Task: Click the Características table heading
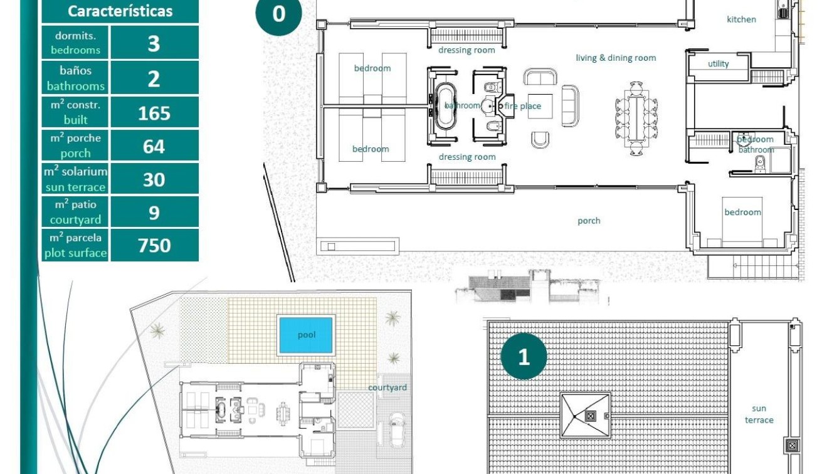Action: (x=120, y=11)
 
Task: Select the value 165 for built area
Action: (x=154, y=113)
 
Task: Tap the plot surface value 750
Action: (x=154, y=245)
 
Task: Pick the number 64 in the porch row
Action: (x=154, y=146)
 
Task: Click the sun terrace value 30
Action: (x=154, y=179)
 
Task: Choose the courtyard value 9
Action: (x=154, y=213)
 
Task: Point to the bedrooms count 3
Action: (x=154, y=43)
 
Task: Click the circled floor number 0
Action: (x=278, y=14)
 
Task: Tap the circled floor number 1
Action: (x=524, y=357)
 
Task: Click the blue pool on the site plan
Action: (x=306, y=335)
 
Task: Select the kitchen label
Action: (x=741, y=19)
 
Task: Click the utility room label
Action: (x=719, y=64)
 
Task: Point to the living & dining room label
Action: (x=616, y=58)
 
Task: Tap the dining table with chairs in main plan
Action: (x=636, y=118)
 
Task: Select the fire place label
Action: (x=522, y=106)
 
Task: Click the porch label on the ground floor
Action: (x=589, y=221)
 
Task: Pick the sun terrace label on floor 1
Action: (x=759, y=414)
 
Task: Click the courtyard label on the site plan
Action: (x=387, y=387)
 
